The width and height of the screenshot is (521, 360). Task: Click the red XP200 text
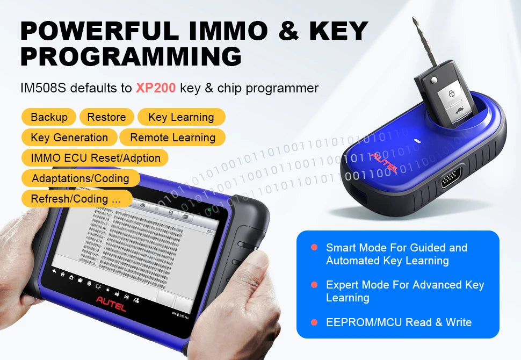pos(156,88)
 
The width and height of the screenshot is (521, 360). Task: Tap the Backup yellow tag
pos(49,117)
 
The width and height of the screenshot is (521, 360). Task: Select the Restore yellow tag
pos(106,117)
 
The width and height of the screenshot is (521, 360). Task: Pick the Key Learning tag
pos(181,117)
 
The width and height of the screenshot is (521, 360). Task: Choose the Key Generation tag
pos(69,138)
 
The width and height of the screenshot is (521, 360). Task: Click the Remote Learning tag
pos(172,138)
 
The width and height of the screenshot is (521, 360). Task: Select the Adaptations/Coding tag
pos(81,178)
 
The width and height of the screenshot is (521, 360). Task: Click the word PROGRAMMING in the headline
pos(131,56)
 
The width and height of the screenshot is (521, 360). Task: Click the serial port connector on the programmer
pos(451,182)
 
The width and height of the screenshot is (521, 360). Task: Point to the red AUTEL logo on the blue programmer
pos(384,162)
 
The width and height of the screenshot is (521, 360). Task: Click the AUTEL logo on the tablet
pos(111,304)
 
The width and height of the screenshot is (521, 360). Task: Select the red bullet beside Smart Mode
pos(314,248)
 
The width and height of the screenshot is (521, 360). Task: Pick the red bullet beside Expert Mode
pos(314,285)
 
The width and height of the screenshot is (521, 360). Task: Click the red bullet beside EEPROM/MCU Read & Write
pos(314,322)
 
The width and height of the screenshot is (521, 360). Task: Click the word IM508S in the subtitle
pos(43,88)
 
